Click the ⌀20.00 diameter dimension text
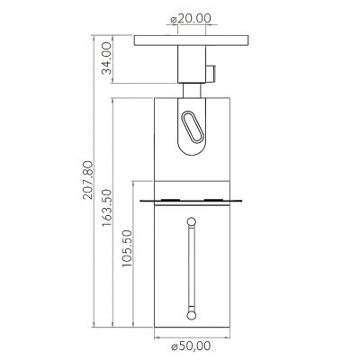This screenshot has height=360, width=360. (190, 17)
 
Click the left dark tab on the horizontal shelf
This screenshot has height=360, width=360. (169, 199)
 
